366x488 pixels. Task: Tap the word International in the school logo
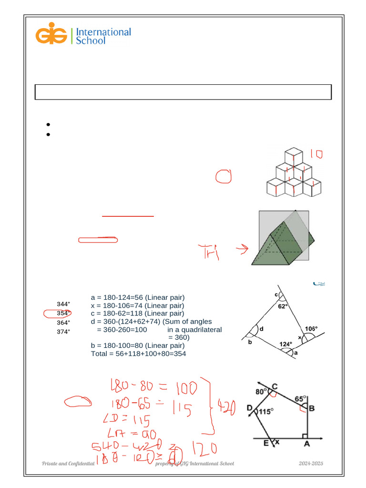tap(103, 32)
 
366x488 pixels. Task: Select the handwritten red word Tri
tap(210, 253)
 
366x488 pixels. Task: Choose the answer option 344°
tap(63, 304)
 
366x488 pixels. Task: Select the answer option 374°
tap(63, 332)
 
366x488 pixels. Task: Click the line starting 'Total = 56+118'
tap(138, 354)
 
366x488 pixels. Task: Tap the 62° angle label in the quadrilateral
tap(283, 307)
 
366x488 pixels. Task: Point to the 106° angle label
tap(311, 328)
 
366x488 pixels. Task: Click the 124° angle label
tap(285, 344)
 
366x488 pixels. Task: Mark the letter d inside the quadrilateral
tap(262, 329)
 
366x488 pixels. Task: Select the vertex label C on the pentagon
tap(275, 386)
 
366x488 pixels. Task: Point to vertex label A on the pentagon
tap(306, 444)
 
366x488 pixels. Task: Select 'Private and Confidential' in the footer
tap(68, 464)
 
